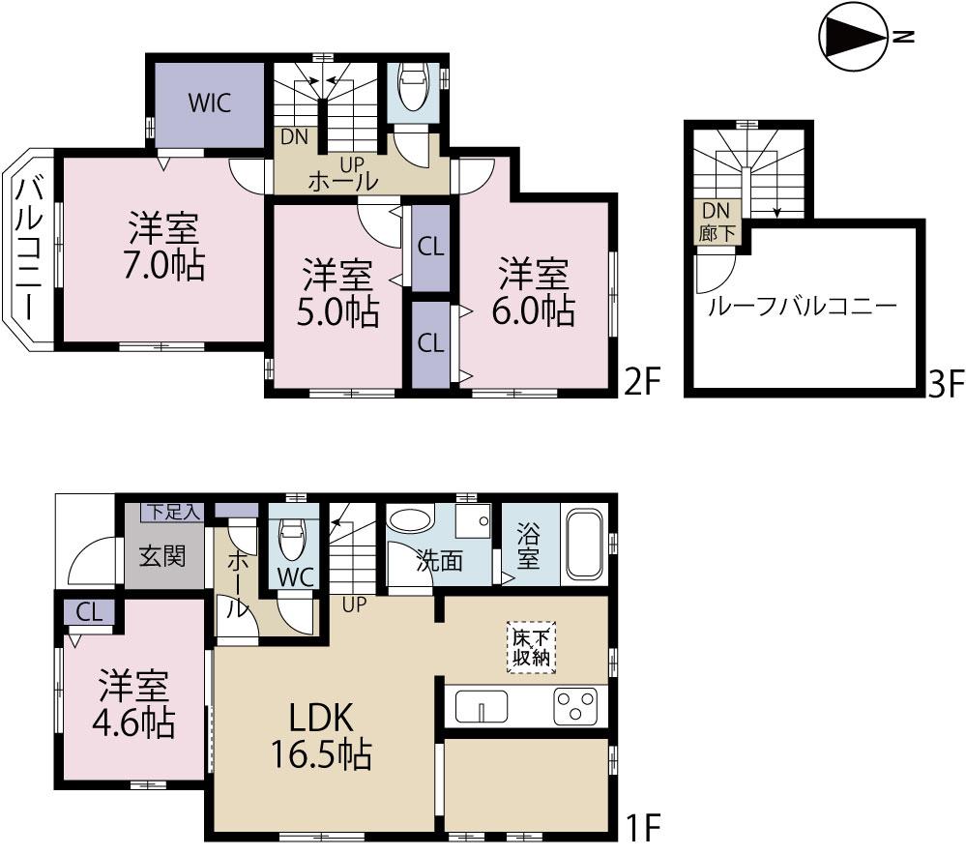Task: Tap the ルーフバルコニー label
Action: click(803, 308)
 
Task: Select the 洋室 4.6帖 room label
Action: click(134, 703)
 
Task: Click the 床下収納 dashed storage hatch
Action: click(528, 648)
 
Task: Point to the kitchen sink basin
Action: click(481, 706)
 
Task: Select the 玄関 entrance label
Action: click(161, 557)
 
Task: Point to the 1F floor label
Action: click(640, 828)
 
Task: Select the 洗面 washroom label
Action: click(439, 561)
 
